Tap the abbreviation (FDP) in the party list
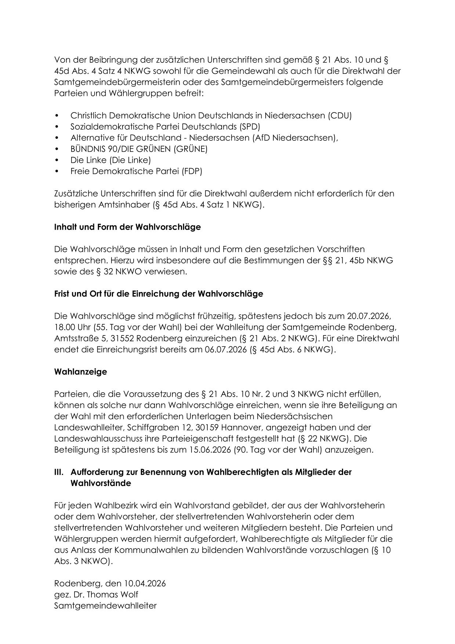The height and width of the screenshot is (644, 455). pos(192,171)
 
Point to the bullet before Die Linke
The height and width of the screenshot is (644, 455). pos(57,160)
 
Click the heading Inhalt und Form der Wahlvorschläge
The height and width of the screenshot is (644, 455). pos(127,227)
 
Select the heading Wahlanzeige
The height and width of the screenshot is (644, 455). pos(80,371)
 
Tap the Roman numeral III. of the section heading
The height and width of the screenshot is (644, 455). pos(59,472)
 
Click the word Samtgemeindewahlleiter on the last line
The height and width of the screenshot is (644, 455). pos(105,605)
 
